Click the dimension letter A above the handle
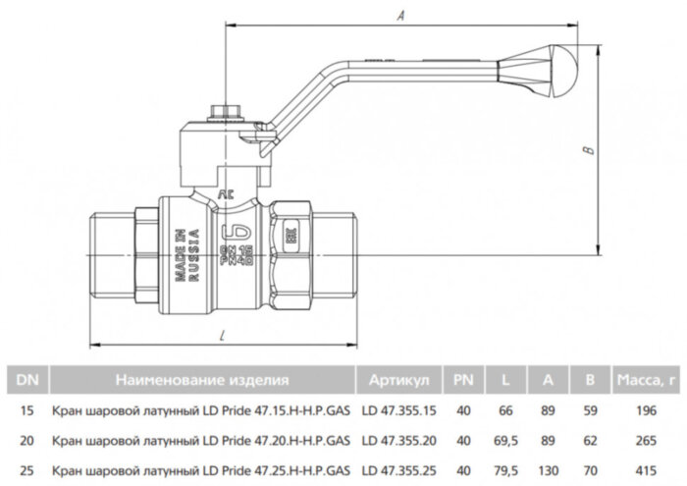pyautogui.click(x=400, y=16)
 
